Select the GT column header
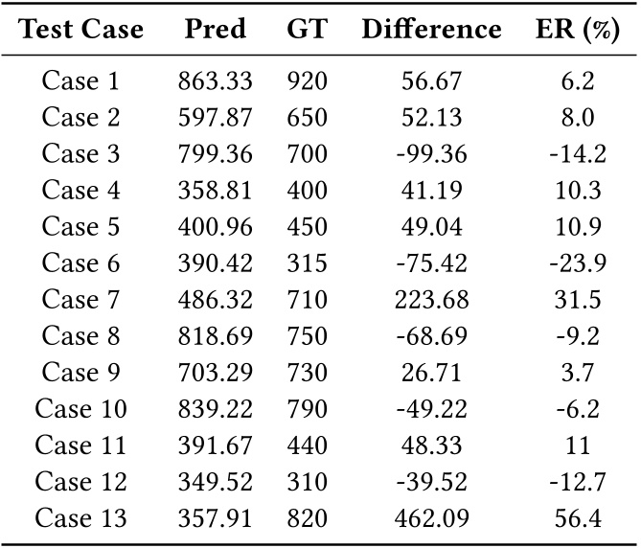coord(307,30)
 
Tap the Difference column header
coord(431,30)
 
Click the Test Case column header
coord(81,30)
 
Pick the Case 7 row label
coord(83,300)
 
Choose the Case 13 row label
coord(83,518)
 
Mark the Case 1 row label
coord(83,81)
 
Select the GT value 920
coord(307,81)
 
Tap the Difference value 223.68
coord(431,300)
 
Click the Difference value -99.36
coord(431,154)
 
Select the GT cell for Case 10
coord(307,409)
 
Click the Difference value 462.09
coord(431,518)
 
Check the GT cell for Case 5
coord(307,227)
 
